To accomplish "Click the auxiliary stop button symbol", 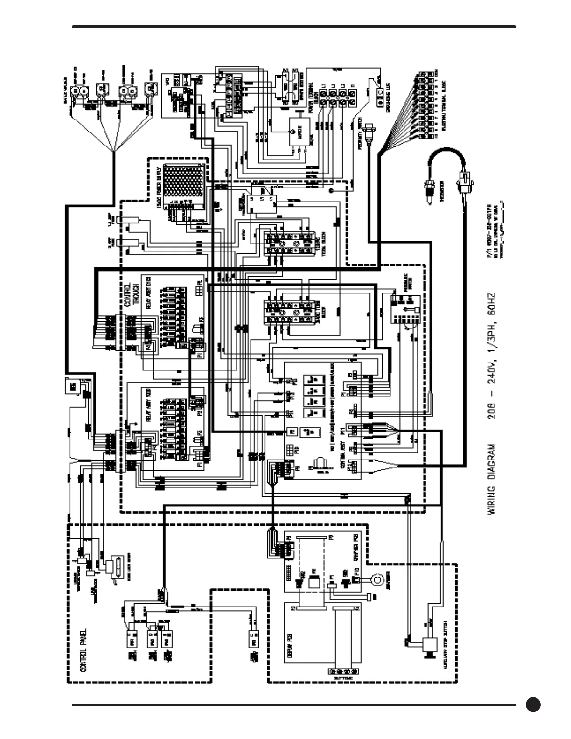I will [427, 646].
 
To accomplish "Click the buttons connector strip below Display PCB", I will [343, 671].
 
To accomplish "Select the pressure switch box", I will [405, 310].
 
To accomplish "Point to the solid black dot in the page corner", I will [533, 704].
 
